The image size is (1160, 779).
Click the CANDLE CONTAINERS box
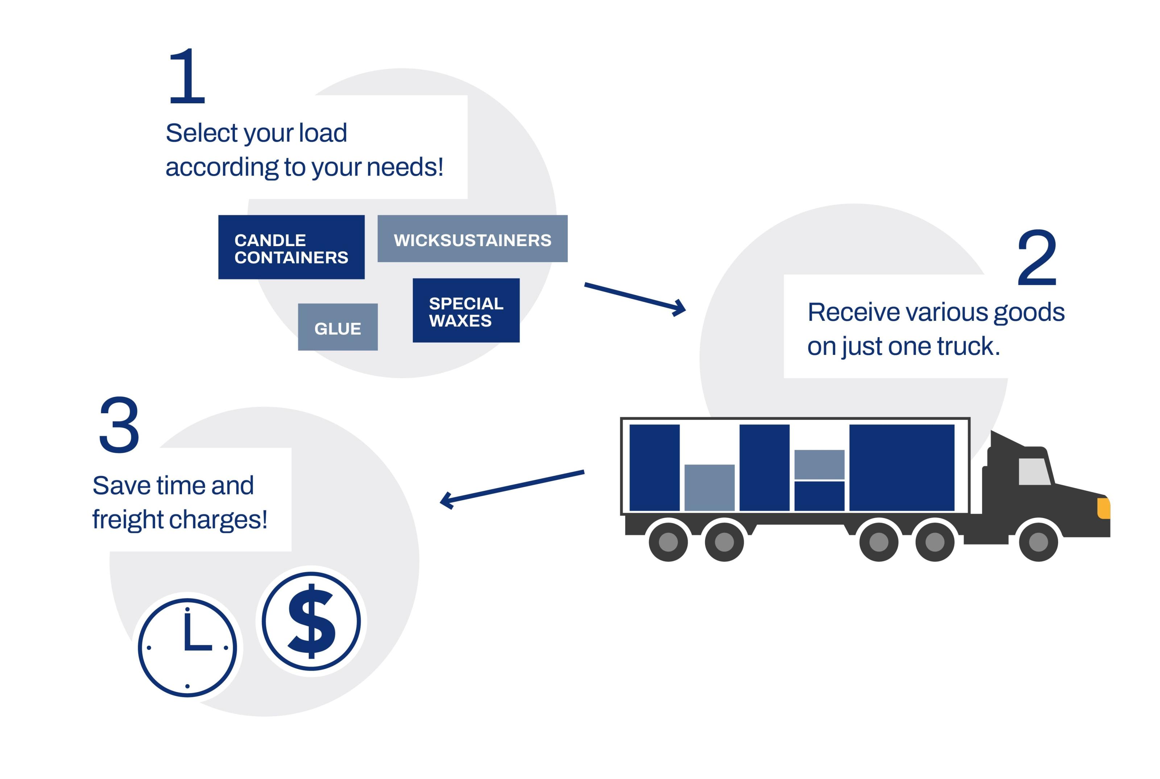click(x=291, y=247)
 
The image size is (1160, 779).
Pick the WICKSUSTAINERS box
click(x=472, y=239)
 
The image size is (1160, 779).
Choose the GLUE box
click(x=338, y=327)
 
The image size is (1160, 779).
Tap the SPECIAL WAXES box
click(x=466, y=311)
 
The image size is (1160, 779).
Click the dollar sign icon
click(x=311, y=621)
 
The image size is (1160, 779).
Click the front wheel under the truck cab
click(x=1038, y=542)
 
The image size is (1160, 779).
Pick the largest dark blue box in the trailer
click(x=902, y=468)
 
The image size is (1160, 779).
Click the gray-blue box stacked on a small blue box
click(x=819, y=464)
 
